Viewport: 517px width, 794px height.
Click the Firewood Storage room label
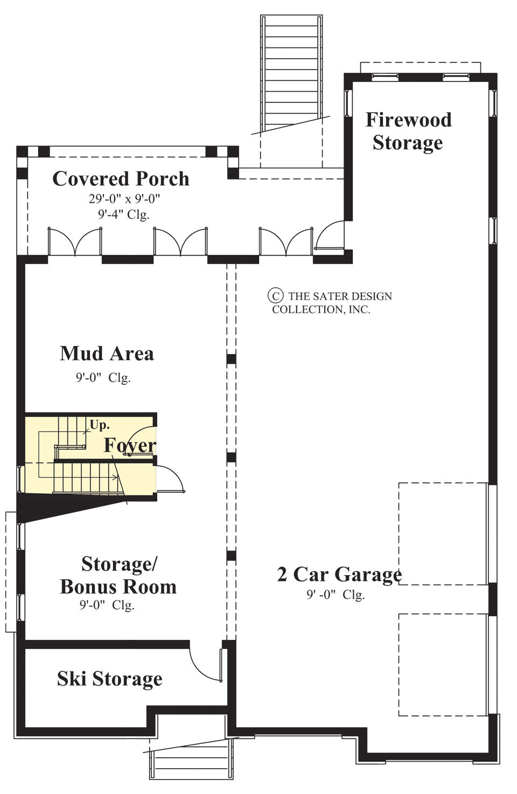coord(408,131)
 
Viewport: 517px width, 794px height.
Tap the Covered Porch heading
coord(121,178)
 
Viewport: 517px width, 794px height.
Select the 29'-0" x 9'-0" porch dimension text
coord(124,199)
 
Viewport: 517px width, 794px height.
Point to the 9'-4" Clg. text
coord(123,214)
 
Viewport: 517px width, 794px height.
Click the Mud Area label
coord(107,354)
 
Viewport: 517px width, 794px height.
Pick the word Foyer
coord(130,445)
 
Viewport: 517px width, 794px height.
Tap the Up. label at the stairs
coord(99,425)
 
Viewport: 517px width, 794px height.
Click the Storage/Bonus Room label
coord(118,575)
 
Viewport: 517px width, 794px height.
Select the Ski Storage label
coord(109,679)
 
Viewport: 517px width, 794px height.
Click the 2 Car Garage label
coord(339,575)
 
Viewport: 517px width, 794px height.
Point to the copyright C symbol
coord(275,295)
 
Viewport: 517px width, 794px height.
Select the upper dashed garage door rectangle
coord(443,533)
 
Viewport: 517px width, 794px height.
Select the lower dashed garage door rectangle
coord(443,664)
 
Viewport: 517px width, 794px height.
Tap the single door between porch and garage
coord(330,237)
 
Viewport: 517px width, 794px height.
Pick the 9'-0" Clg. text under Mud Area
coord(103,377)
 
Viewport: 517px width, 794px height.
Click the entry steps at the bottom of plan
coord(191,759)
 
